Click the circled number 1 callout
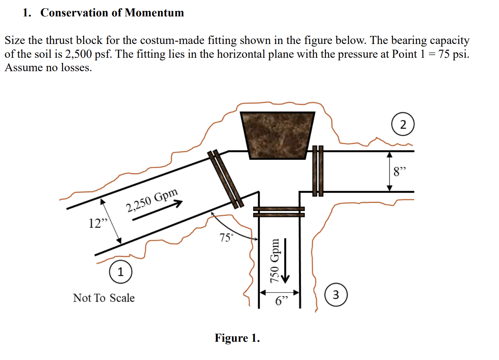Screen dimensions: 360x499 120,272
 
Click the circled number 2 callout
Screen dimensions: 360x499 403,124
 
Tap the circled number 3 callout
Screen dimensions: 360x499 336,295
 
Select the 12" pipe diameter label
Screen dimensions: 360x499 98,223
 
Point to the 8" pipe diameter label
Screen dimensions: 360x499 399,172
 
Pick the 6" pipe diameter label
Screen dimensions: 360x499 282,301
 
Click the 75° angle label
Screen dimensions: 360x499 226,237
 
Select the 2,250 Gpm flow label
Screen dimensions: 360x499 152,200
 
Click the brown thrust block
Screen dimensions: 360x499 277,135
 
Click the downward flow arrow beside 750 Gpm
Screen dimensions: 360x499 285,261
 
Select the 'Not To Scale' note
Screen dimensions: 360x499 104,298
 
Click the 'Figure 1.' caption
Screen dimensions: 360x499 237,338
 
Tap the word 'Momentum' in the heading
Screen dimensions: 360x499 154,13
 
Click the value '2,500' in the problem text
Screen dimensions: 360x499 78,54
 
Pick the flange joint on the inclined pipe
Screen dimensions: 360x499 225,179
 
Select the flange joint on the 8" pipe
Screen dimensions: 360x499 318,171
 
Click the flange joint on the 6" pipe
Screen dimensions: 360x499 279,212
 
